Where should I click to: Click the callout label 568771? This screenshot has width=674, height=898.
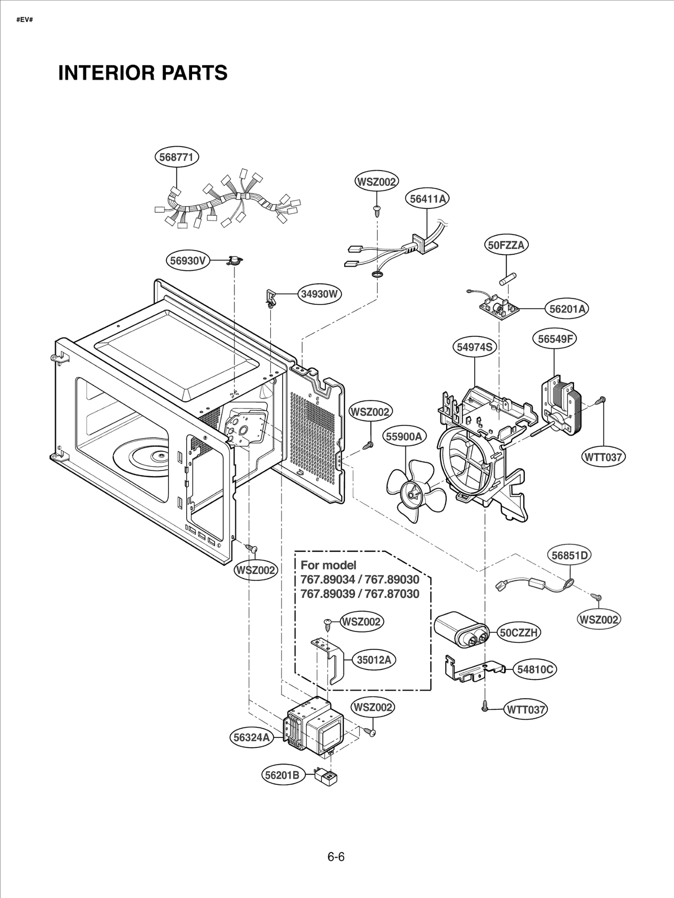point(176,157)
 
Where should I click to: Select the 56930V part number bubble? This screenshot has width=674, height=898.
point(187,261)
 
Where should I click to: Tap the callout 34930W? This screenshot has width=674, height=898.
point(319,294)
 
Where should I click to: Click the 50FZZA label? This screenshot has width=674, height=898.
point(505,245)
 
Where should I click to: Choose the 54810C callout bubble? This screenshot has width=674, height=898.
point(535,669)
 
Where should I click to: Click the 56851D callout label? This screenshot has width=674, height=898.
point(570,555)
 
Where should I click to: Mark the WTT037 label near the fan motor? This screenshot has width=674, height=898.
point(603,457)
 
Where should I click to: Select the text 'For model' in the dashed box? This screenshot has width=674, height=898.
point(328,565)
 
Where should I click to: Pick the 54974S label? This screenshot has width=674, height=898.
point(475,347)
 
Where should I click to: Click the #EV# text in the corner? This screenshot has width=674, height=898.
point(24,20)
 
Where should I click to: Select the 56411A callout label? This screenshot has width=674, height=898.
point(427,199)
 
